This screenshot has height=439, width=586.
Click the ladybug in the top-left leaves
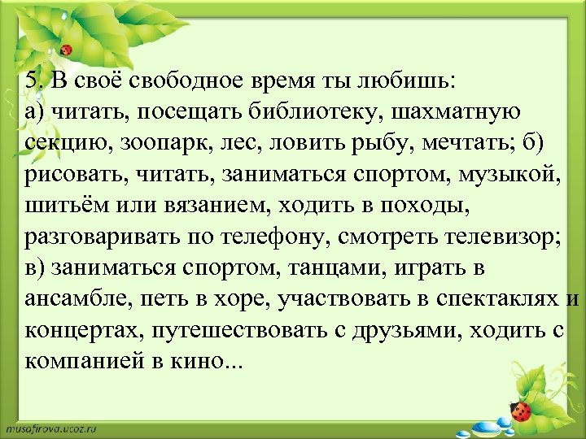(x=66, y=50)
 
